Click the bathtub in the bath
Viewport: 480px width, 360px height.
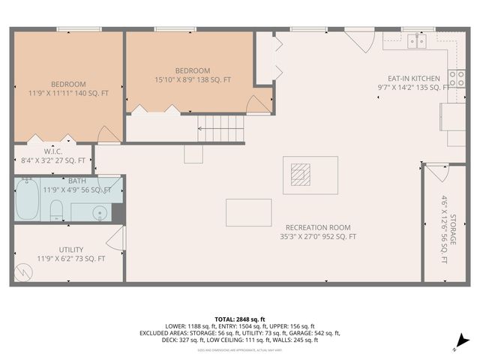tap(29, 199)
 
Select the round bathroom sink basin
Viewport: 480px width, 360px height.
tap(101, 213)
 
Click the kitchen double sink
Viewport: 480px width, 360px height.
tap(417, 41)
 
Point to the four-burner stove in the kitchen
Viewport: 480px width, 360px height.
tap(456, 78)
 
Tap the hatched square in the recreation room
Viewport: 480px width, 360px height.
tap(300, 175)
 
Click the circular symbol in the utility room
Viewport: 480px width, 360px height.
tap(22, 275)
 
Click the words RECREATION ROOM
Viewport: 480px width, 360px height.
tap(317, 227)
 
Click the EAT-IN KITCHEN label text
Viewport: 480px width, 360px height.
tap(413, 78)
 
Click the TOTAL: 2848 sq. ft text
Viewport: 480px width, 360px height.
tap(239, 319)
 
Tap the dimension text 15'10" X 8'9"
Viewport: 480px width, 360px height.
tap(178, 79)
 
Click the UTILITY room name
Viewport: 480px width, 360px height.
tap(71, 250)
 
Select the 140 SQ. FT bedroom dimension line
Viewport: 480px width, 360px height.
tap(69, 93)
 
